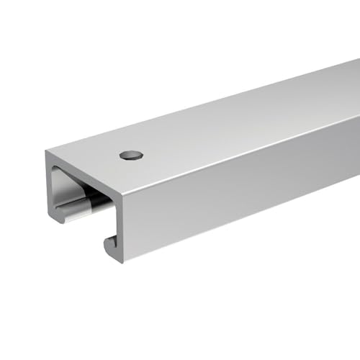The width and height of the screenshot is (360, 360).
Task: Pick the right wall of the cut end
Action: click(x=118, y=209)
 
